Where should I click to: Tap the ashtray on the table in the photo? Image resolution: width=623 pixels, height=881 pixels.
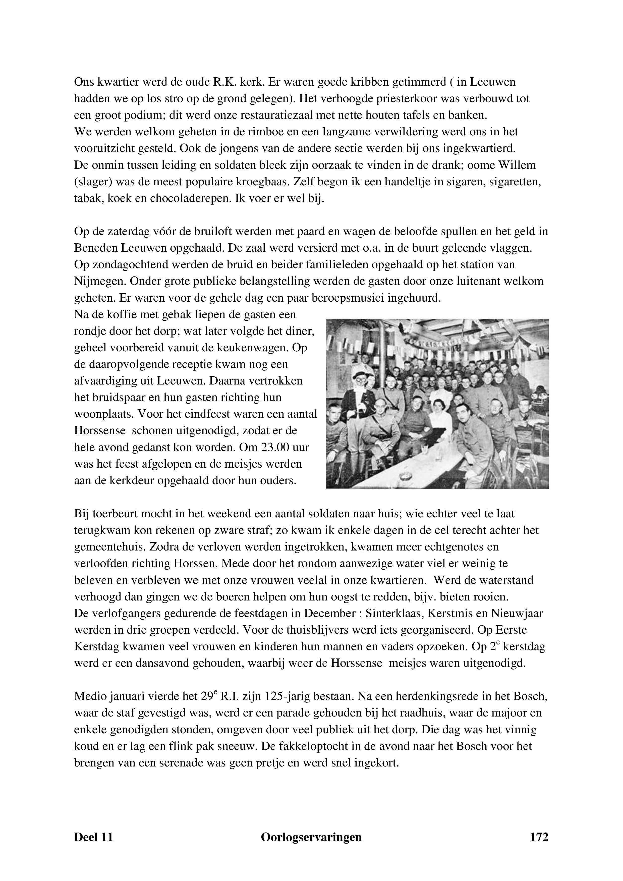pos(405,476)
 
